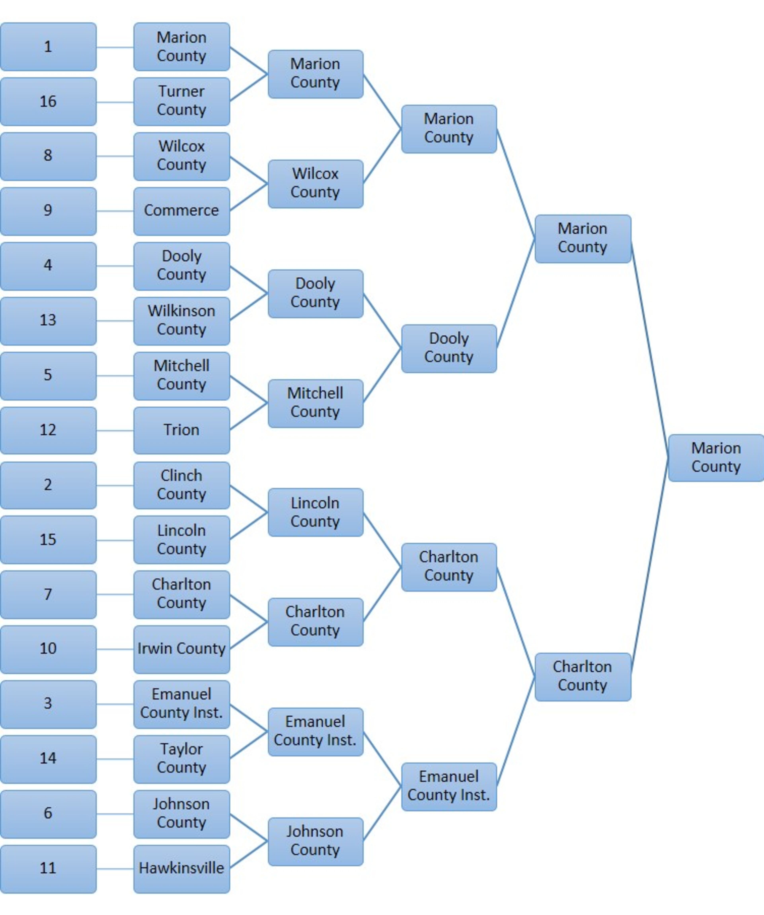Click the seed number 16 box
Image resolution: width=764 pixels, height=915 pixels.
pyautogui.click(x=48, y=102)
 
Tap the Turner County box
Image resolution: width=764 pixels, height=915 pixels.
pyautogui.click(x=181, y=102)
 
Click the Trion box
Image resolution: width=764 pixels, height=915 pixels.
pyautogui.click(x=181, y=430)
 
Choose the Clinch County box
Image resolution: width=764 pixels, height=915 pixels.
pyautogui.click(x=181, y=485)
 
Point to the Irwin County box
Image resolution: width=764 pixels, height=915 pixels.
pyautogui.click(x=181, y=649)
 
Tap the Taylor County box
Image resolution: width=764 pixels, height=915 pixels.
pyautogui.click(x=181, y=759)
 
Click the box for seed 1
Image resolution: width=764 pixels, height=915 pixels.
pyautogui.click(x=48, y=47)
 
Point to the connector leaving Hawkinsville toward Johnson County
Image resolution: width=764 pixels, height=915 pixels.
pyautogui.click(x=248, y=855)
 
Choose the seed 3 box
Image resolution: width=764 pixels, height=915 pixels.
pyautogui.click(x=48, y=704)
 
